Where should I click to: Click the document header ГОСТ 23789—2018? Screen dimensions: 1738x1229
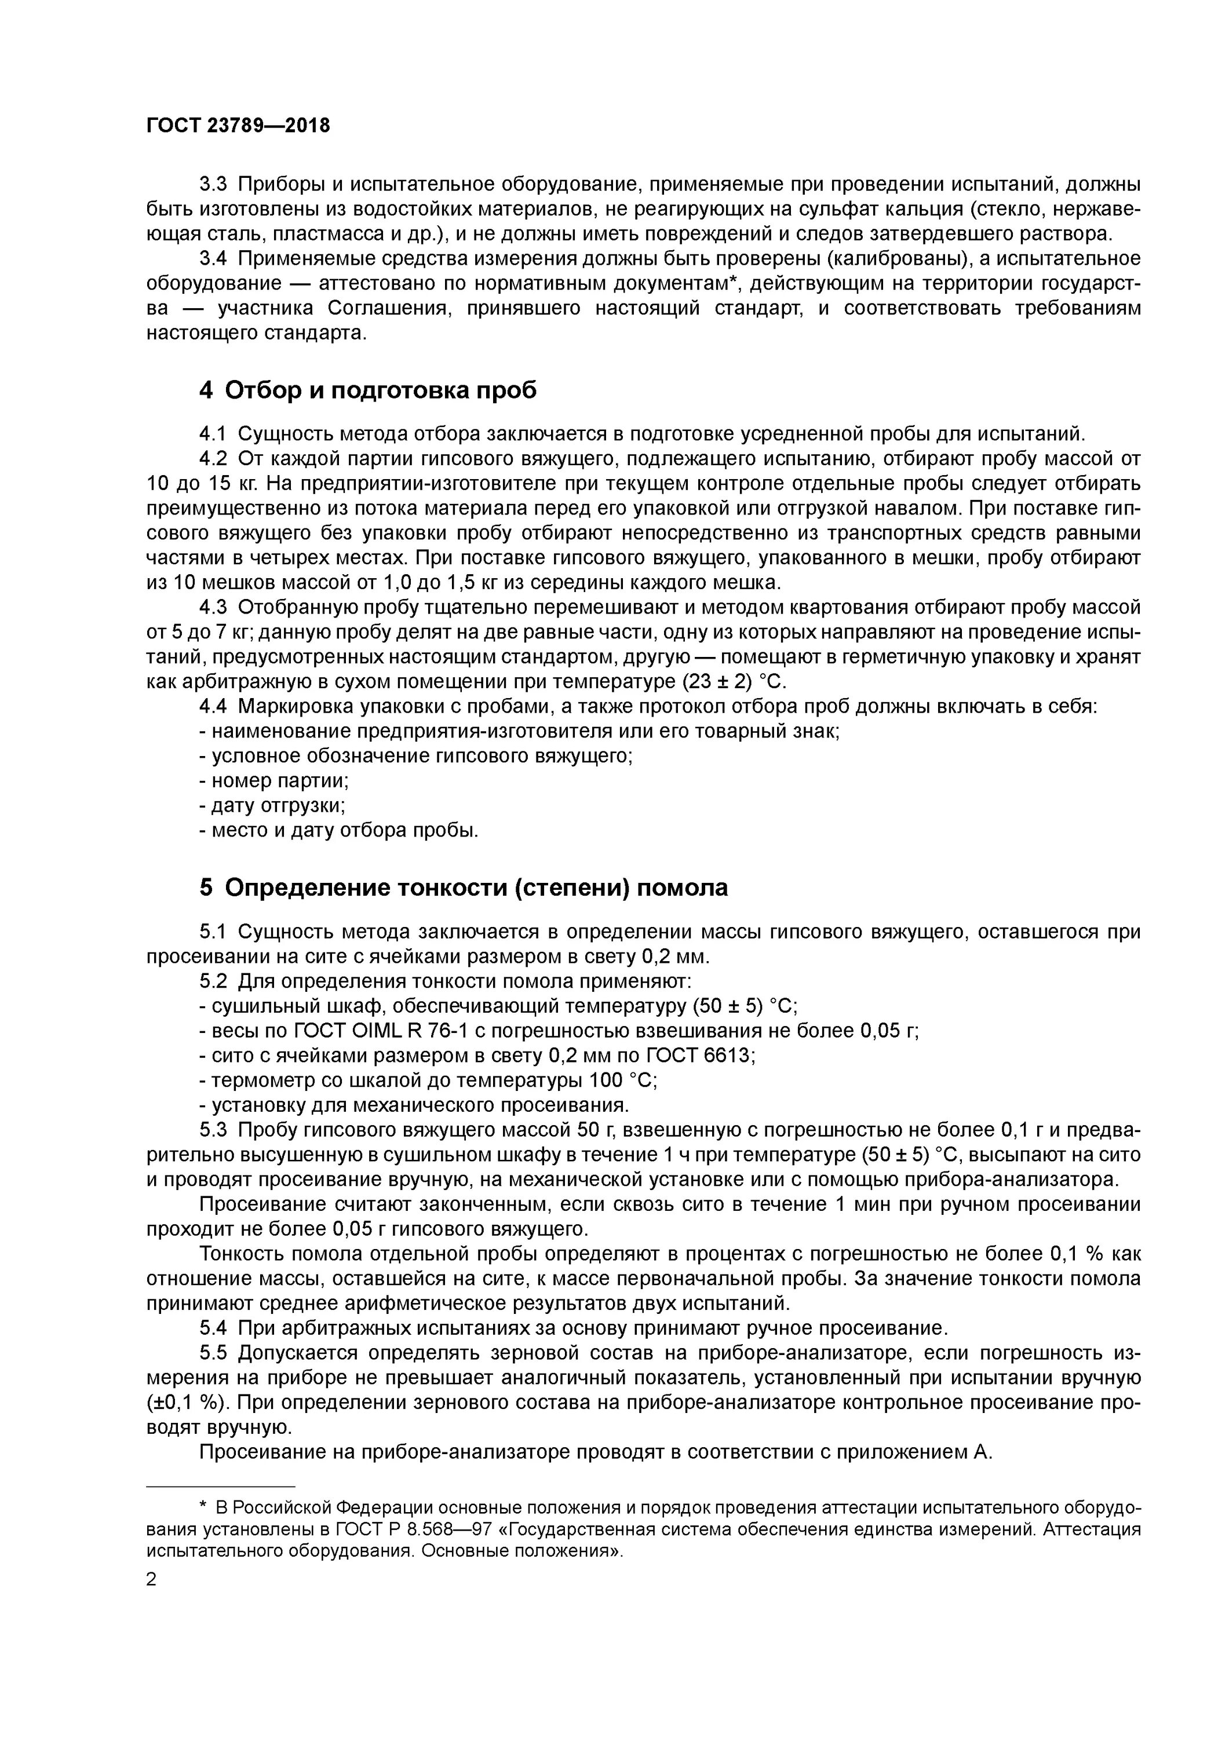click(238, 126)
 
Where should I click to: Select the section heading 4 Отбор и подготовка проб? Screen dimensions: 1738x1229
click(368, 390)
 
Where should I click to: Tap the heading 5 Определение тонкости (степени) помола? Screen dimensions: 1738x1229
click(464, 887)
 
